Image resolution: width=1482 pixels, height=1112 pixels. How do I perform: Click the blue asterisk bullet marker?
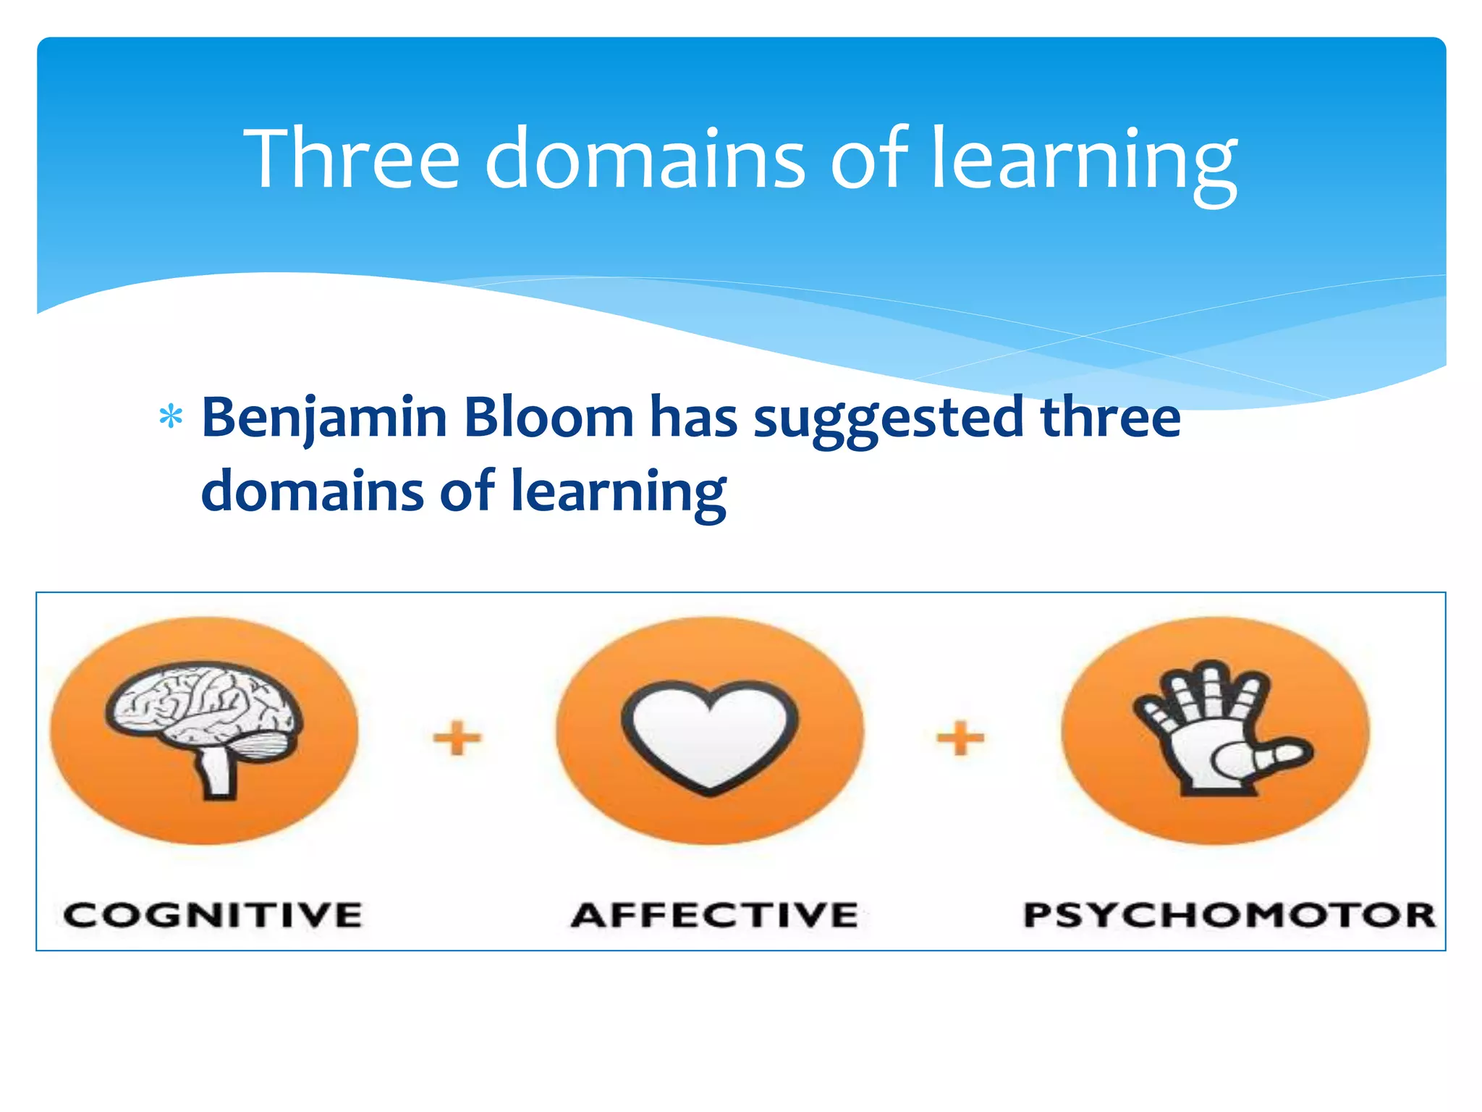pyautogui.click(x=171, y=418)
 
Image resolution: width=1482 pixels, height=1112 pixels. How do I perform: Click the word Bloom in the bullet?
pyautogui.click(x=549, y=418)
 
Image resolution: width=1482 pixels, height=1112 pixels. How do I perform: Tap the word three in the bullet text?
pyautogui.click(x=1110, y=418)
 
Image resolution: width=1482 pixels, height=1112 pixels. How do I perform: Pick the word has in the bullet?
pyautogui.click(x=693, y=418)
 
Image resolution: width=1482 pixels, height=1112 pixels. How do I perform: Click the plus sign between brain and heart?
pyautogui.click(x=457, y=738)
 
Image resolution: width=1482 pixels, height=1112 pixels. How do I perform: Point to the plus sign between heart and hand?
pyautogui.click(x=960, y=738)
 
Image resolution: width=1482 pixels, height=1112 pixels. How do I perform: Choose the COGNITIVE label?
pyautogui.click(x=212, y=915)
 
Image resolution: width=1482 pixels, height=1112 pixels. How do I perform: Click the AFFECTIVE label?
pyautogui.click(x=715, y=915)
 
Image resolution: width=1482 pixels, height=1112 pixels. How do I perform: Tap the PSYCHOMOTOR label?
pyautogui.click(x=1229, y=915)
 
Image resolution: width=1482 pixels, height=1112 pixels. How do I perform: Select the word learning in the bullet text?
pyautogui.click(x=618, y=492)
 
